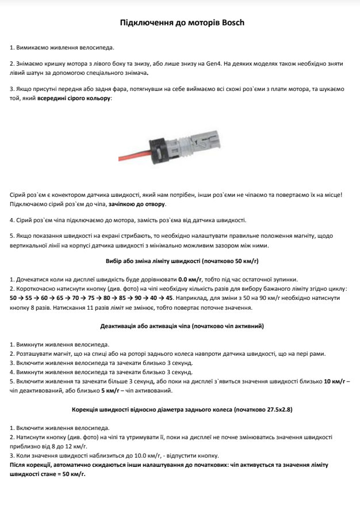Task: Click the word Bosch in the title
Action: coord(231,22)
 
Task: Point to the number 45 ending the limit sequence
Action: coord(169,298)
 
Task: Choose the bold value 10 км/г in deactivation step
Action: coord(335,381)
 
